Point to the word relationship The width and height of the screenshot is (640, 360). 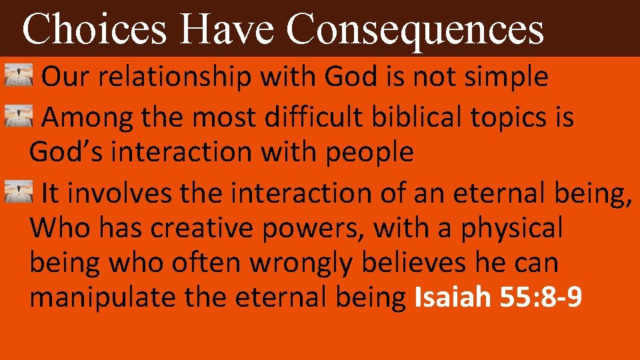[x=172, y=78]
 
